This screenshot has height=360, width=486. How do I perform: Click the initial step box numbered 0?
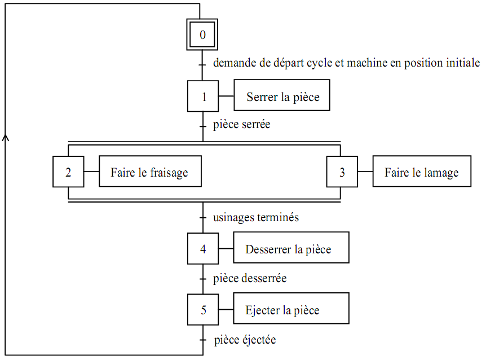pyautogui.click(x=203, y=35)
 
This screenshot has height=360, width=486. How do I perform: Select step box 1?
pyautogui.click(x=203, y=96)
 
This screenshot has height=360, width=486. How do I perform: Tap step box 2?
pyautogui.click(x=68, y=172)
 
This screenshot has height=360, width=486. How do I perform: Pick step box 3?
pyautogui.click(x=342, y=172)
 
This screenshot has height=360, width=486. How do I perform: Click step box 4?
pyautogui.click(x=203, y=248)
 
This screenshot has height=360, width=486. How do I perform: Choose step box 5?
pyautogui.click(x=203, y=310)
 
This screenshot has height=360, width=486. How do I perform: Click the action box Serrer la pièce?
pyautogui.click(x=282, y=96)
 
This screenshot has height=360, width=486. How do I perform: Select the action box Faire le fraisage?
pyautogui.click(x=150, y=172)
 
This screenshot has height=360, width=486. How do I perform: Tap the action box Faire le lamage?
pyautogui.click(x=422, y=172)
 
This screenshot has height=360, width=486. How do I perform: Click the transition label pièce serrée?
pyautogui.click(x=242, y=124)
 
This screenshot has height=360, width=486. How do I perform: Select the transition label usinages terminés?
pyautogui.click(x=256, y=217)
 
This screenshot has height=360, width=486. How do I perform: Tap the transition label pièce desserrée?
pyautogui.click(x=250, y=278)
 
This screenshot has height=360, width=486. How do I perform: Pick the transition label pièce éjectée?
pyautogui.click(x=245, y=340)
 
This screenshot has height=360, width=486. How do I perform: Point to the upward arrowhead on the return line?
pyautogui.click(x=6, y=137)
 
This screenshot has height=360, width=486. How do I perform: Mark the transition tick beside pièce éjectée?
pyautogui.click(x=203, y=340)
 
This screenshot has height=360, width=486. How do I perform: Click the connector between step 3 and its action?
pyautogui.click(x=365, y=172)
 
